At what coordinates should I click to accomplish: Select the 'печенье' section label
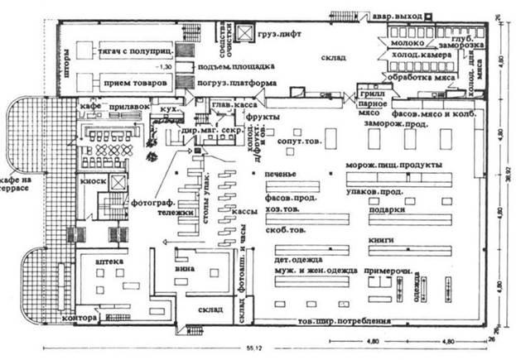(x=281, y=175)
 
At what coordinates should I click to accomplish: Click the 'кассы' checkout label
(x=242, y=213)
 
